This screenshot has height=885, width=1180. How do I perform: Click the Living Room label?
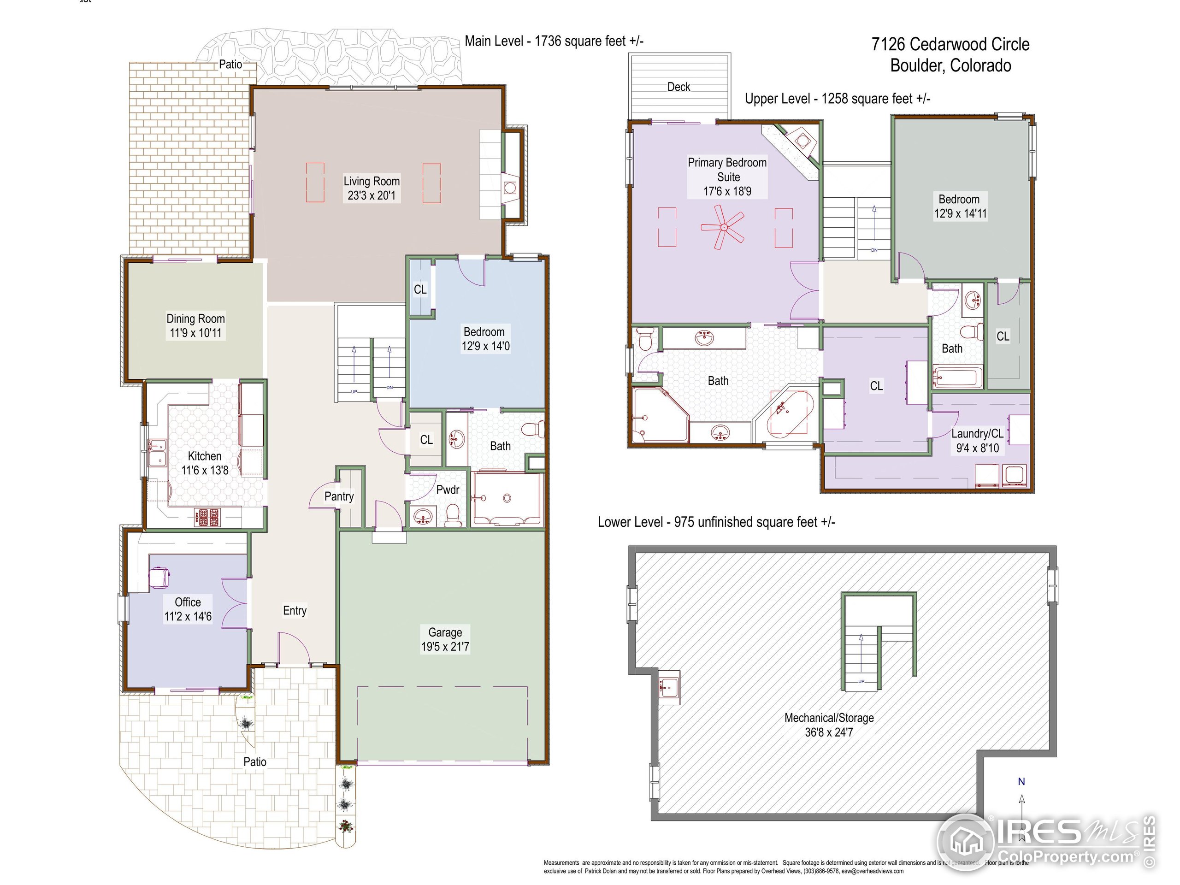point(371,181)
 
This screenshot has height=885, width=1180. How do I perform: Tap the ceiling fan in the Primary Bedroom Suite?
point(723,228)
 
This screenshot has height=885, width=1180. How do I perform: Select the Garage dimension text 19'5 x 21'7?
point(445,647)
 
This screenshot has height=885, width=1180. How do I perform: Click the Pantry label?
point(339,496)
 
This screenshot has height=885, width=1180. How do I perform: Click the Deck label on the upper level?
point(678,87)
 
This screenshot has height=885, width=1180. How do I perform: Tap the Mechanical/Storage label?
point(828,718)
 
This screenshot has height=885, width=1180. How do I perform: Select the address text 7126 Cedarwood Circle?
point(950,44)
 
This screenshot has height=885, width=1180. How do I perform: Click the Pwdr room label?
point(448,490)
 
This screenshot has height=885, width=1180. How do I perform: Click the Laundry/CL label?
point(977,434)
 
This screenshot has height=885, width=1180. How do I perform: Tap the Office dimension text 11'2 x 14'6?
point(188,617)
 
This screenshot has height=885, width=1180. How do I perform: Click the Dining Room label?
point(195,319)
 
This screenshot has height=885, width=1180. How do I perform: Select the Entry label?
point(295,610)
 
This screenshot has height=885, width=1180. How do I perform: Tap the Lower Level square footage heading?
point(716,522)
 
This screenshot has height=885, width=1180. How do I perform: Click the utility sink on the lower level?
point(668,686)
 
